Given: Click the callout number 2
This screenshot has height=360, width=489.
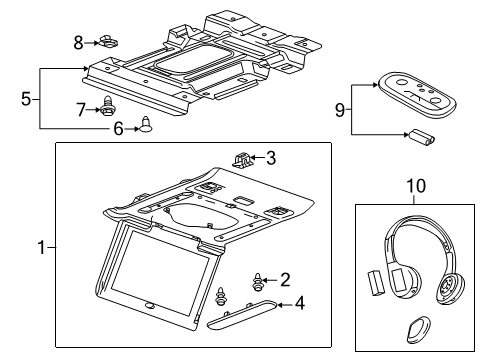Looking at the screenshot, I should [x=285, y=279].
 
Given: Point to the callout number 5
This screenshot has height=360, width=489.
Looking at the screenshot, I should [x=28, y=98].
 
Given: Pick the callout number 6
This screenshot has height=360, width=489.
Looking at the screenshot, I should [x=118, y=128].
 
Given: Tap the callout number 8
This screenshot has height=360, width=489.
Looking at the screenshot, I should [x=79, y=41].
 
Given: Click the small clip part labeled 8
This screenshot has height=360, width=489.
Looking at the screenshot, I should [x=107, y=42].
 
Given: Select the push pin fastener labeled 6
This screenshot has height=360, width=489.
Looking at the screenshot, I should [x=147, y=125].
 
